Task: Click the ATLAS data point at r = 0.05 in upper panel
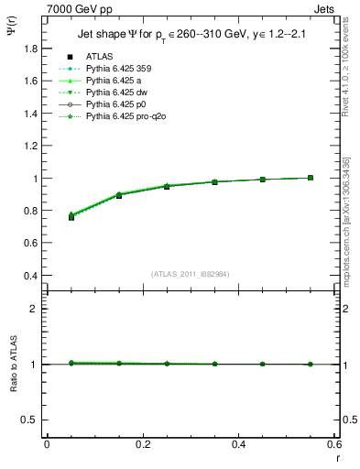[x=71, y=217]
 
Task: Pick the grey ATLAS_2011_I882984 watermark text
[x=190, y=274]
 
